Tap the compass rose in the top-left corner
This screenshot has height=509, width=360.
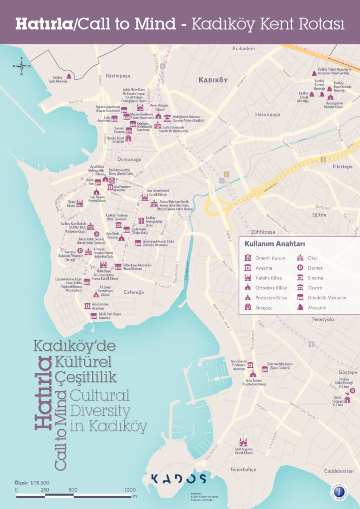coord(21,66)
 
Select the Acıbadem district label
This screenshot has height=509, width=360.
coord(243,49)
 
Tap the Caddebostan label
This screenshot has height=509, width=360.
coord(338,471)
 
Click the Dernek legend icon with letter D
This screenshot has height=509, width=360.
coord(300,267)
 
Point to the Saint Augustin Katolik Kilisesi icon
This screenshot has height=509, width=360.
coord(243,442)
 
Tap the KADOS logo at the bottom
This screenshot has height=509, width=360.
coord(178,479)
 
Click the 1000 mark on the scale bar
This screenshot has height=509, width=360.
coord(130,490)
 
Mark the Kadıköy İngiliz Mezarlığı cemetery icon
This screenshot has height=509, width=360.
coord(69,76)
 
